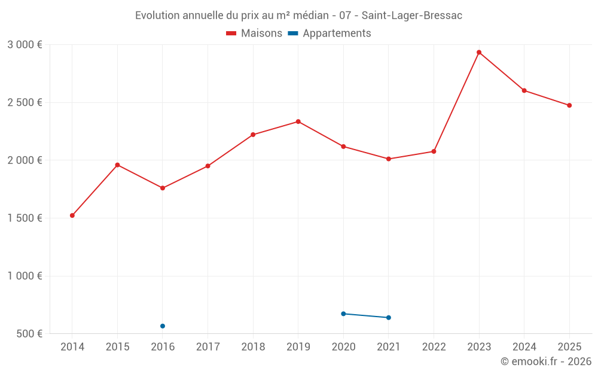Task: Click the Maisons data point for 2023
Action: (479, 53)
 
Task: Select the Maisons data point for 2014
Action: (72, 215)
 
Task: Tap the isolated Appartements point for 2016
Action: (163, 326)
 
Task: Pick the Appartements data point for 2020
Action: (343, 314)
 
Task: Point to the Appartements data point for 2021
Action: (389, 318)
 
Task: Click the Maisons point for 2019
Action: (298, 121)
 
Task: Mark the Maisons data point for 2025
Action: (569, 105)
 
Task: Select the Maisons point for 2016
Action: (163, 188)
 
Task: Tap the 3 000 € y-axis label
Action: (25, 45)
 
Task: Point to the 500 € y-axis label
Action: (29, 334)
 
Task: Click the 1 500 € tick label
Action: (25, 218)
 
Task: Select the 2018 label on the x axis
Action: (253, 347)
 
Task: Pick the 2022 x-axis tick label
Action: (434, 347)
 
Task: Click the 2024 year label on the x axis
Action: (524, 347)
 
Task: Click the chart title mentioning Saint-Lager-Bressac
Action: (298, 16)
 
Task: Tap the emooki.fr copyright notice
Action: (545, 361)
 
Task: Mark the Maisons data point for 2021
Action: (389, 159)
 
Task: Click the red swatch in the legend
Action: (231, 34)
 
